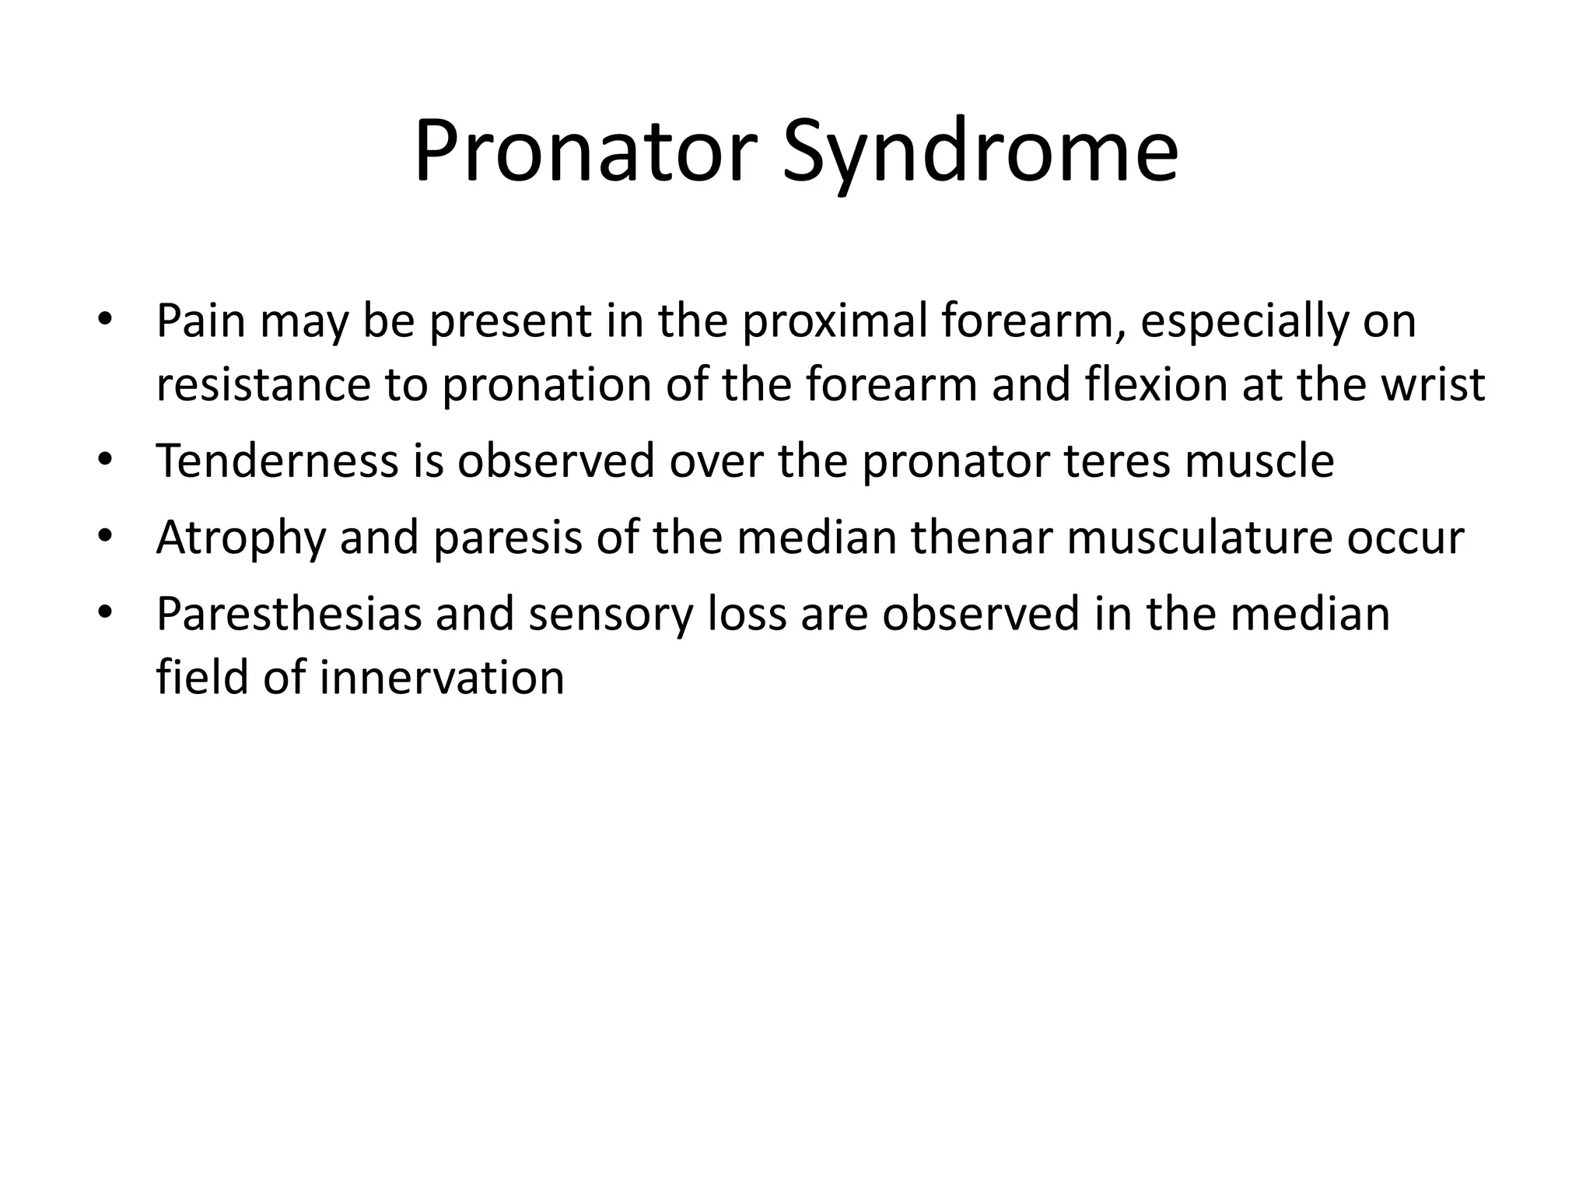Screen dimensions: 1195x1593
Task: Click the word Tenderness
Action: pyautogui.click(x=278, y=460)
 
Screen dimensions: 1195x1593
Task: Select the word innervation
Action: pyautogui.click(x=442, y=677)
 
